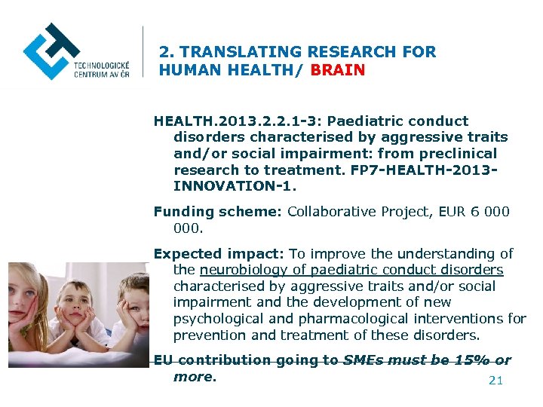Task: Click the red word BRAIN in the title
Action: pyautogui.click(x=338, y=70)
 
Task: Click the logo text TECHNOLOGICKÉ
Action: pyautogui.click(x=101, y=66)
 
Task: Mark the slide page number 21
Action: pyautogui.click(x=495, y=381)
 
